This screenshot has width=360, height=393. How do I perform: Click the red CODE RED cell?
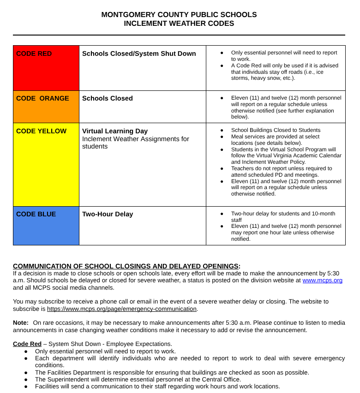click(46, 68)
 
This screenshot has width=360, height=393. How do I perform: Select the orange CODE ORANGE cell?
click(46, 107)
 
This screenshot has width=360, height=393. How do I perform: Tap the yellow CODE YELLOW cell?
click(46, 165)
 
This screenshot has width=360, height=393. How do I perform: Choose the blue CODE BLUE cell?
click(46, 226)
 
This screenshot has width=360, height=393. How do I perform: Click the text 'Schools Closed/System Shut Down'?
click(139, 54)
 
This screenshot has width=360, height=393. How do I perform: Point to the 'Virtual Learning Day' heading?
click(115, 131)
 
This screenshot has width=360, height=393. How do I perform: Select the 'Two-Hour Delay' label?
click(108, 214)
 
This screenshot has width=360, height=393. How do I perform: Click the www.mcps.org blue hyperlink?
click(322, 280)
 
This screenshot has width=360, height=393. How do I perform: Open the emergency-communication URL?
click(122, 309)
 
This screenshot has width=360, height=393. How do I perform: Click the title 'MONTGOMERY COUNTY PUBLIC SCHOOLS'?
click(179, 15)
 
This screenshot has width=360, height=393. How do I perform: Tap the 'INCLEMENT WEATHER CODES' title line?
click(179, 24)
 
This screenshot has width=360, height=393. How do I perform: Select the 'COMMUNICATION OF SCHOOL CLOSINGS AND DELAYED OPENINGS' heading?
click(126, 266)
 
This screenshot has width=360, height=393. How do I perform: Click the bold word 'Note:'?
click(21, 323)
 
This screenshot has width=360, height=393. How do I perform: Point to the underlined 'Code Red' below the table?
click(27, 344)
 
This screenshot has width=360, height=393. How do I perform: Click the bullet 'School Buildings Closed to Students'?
click(276, 130)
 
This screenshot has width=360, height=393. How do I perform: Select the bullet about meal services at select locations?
click(275, 140)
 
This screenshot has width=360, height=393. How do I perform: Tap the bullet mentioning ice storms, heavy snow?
click(284, 71)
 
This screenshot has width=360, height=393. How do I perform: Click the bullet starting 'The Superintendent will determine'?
click(138, 380)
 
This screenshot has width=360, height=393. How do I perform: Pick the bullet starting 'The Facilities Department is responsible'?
click(172, 373)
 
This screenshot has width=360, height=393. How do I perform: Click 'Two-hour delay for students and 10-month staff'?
click(283, 217)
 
